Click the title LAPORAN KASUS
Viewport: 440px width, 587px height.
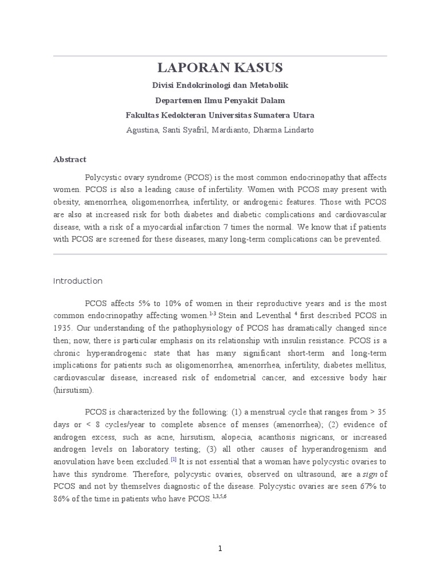click(x=220, y=68)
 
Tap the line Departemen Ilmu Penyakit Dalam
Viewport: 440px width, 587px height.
click(x=220, y=100)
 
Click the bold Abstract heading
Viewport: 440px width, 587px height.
click(x=69, y=160)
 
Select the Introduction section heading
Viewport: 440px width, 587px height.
click(x=78, y=281)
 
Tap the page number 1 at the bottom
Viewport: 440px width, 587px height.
click(x=220, y=549)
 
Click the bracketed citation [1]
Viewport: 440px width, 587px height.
click(x=174, y=460)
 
